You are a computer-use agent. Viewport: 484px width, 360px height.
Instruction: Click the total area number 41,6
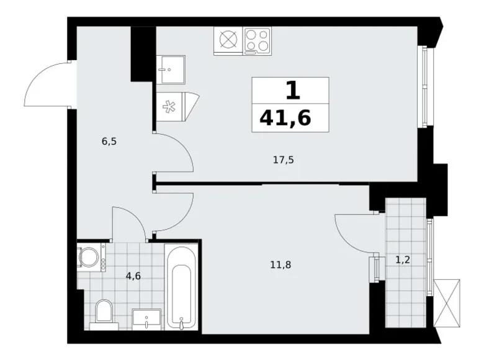point(290,116)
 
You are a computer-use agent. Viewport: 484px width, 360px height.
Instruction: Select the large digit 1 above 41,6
point(292,91)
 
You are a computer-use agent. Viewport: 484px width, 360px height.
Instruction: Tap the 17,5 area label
point(283,160)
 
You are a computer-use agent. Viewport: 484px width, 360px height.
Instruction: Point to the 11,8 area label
point(280,264)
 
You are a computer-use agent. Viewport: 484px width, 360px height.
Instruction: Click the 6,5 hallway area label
point(109,141)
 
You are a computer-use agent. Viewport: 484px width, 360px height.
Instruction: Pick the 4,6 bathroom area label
point(133,276)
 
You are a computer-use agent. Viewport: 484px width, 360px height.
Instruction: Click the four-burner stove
point(257,41)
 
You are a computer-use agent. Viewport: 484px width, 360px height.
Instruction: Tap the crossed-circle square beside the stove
point(228,41)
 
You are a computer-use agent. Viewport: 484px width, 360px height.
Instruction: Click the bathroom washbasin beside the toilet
point(146,318)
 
